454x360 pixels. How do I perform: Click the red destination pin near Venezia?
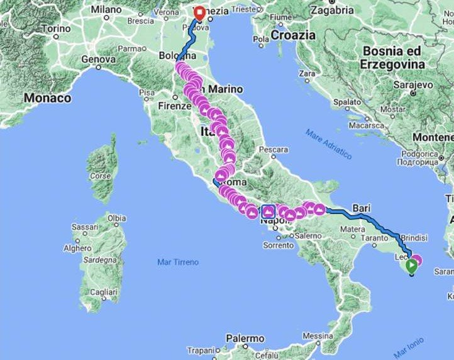(x=199, y=13)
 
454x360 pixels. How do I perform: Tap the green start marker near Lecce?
(x=411, y=266)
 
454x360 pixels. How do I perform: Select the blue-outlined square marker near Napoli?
(x=268, y=211)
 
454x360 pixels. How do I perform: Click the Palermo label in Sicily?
(x=245, y=339)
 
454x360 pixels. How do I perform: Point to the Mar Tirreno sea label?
(x=178, y=262)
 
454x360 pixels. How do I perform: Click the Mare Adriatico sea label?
(x=329, y=143)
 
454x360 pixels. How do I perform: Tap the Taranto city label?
(x=374, y=239)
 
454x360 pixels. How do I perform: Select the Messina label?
(x=318, y=335)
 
